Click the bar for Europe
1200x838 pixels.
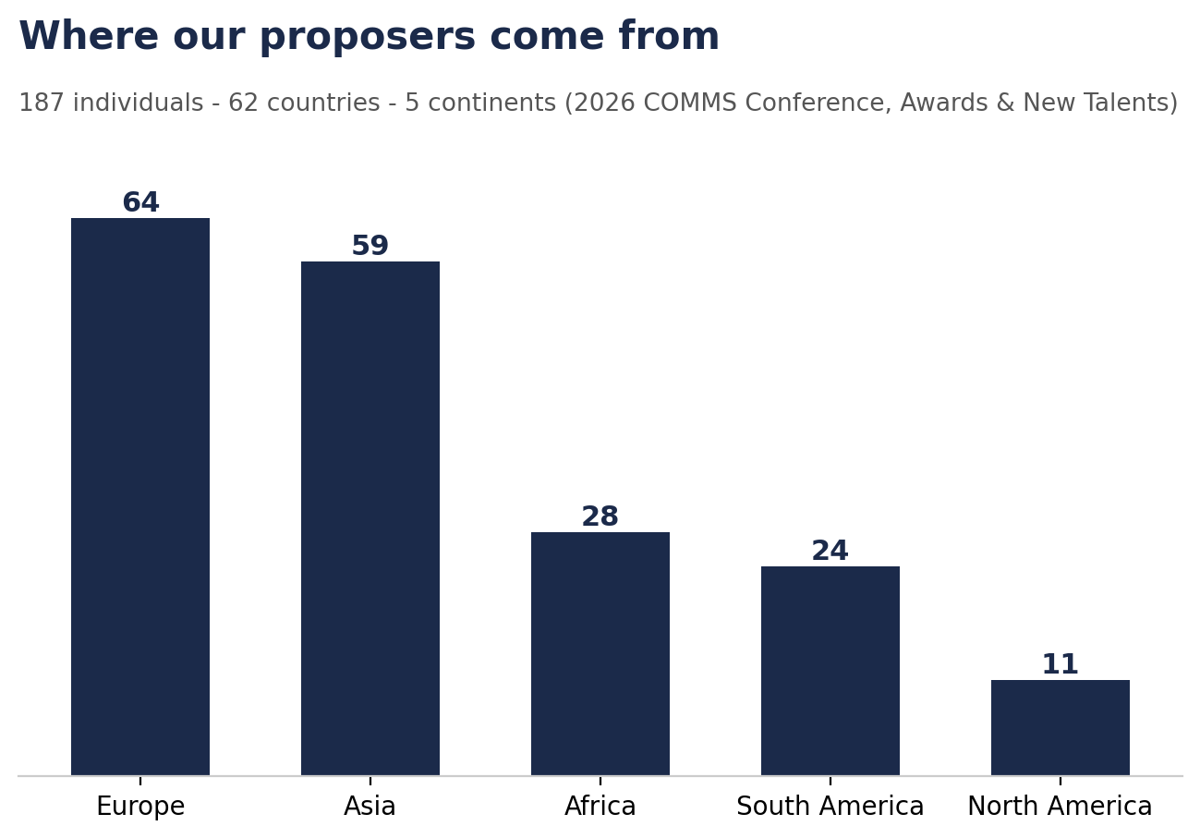coord(140,497)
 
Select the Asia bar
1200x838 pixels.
coord(370,518)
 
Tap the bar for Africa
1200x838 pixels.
coord(600,654)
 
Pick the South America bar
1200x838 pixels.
coord(830,671)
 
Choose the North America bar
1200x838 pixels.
coord(1061,728)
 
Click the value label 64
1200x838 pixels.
coord(141,202)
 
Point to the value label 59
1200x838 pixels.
coord(370,246)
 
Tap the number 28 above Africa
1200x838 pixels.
coord(600,516)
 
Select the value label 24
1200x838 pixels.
coord(830,551)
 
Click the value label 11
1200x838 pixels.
coord(1061,664)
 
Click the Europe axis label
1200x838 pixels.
coord(141,807)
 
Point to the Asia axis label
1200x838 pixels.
coord(370,807)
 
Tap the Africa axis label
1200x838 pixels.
coord(600,807)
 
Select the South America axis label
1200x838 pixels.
coord(830,807)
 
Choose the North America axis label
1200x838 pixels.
coord(1061,807)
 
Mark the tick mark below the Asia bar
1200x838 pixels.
coord(370,780)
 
